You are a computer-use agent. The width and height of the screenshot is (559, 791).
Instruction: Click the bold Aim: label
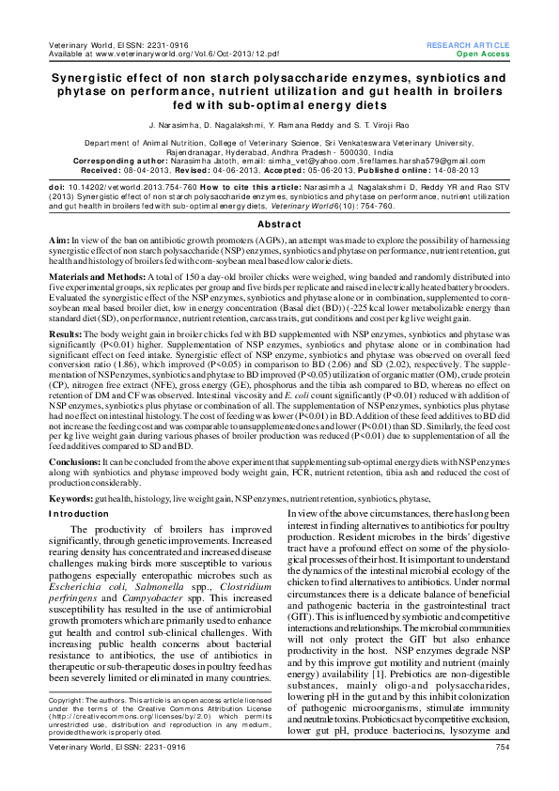(x=60, y=241)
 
